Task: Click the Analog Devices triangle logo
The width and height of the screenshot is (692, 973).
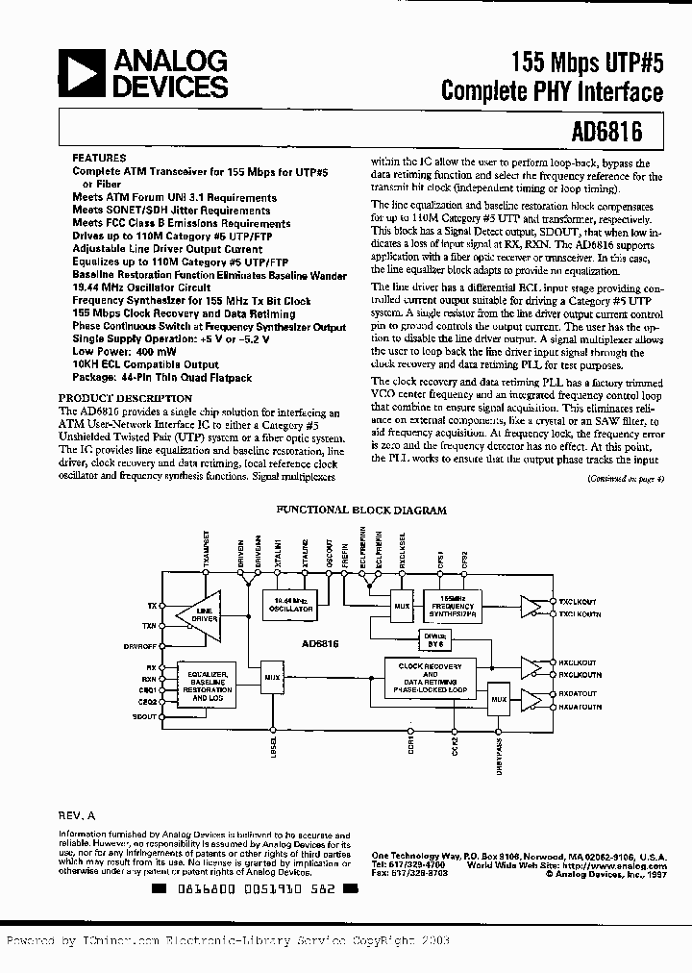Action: tap(81, 74)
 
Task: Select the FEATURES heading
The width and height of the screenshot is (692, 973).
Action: tap(98, 158)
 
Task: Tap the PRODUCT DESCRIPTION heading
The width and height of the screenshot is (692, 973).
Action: tap(125, 398)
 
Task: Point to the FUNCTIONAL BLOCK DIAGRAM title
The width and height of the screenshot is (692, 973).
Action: tap(361, 511)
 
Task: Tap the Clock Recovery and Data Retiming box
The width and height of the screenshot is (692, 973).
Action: tap(431, 678)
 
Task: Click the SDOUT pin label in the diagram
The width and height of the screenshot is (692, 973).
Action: tap(146, 717)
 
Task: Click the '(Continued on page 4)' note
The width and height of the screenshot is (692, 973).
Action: tap(625, 477)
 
